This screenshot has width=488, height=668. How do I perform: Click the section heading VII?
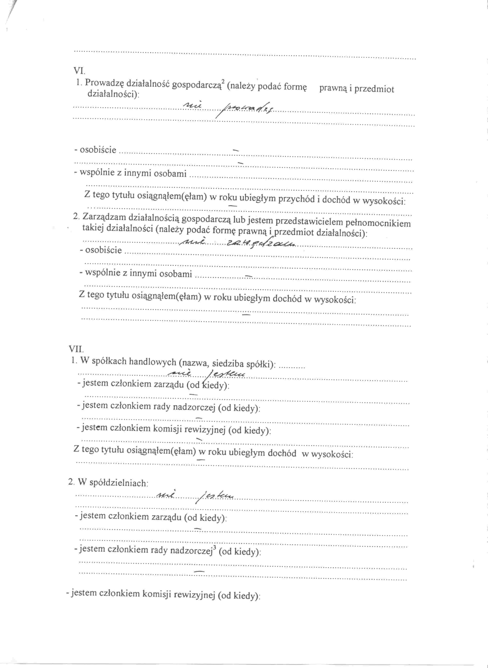76,349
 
